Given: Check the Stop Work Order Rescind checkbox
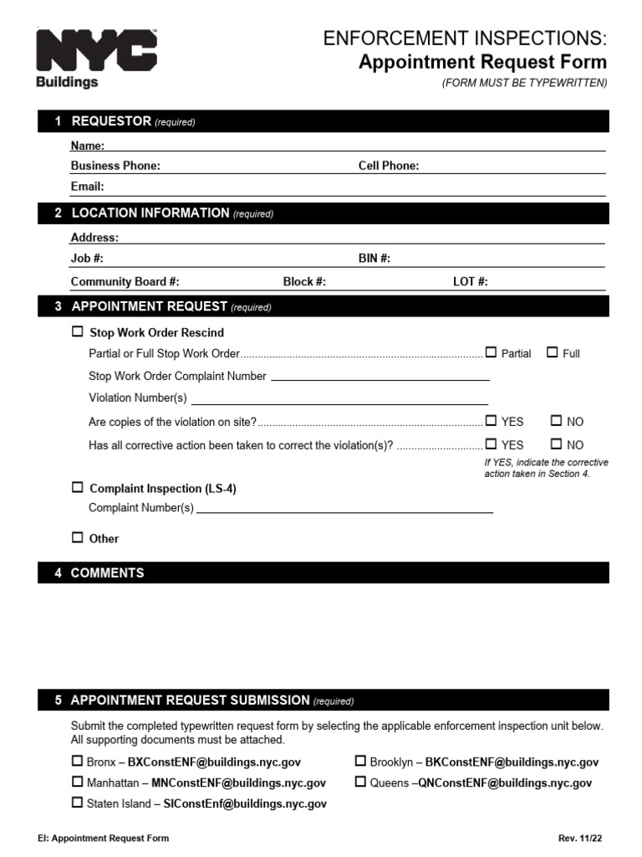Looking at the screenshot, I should [x=79, y=332].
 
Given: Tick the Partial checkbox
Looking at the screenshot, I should [x=491, y=352].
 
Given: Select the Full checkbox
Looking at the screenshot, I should [x=553, y=352].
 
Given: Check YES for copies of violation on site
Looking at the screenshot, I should [x=491, y=421].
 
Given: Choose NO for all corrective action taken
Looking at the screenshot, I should [x=557, y=444].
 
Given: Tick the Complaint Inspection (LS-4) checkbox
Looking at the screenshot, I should [x=78, y=488].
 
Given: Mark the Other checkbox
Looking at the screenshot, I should [x=78, y=538].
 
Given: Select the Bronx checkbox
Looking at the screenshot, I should [x=78, y=762].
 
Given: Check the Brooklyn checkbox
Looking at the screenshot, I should [x=360, y=762].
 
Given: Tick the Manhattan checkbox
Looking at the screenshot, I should [x=78, y=783].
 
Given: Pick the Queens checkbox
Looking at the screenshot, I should [x=360, y=783].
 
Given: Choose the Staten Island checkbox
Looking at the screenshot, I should [x=78, y=803].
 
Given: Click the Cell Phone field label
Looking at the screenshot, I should [x=389, y=166].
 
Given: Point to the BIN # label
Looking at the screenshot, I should [x=374, y=259].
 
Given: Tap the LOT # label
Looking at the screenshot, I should [x=470, y=282].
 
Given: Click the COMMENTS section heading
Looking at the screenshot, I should [x=107, y=573].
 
